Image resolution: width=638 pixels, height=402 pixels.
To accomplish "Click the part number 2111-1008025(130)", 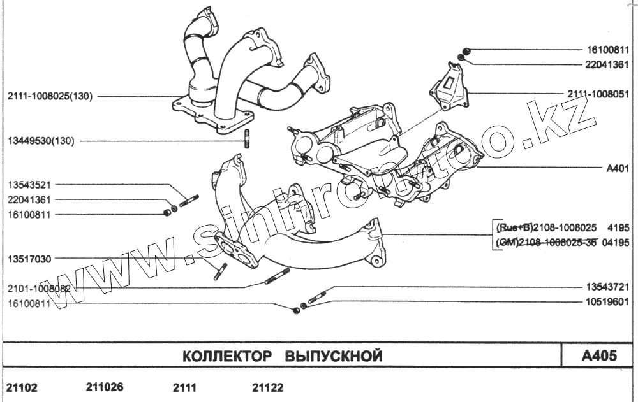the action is click(x=50, y=97).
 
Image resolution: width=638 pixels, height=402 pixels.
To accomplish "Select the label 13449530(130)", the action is click(x=41, y=141).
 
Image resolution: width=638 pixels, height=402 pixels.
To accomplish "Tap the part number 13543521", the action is click(x=29, y=185).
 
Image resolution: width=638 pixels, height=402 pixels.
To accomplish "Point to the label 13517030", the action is click(x=29, y=259).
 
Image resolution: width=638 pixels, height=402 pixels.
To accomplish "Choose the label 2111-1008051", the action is click(x=598, y=94).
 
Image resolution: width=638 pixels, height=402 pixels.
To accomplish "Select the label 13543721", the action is click(x=607, y=288).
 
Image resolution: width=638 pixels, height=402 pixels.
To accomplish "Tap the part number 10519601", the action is click(x=607, y=303).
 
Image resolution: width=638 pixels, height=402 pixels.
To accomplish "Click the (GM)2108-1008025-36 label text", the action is click(x=547, y=242).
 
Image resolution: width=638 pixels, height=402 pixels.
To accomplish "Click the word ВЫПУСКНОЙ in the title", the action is click(x=333, y=355).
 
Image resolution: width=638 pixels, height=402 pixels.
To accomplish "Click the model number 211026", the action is click(x=104, y=387).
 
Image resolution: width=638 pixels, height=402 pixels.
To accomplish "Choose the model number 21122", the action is click(x=268, y=387).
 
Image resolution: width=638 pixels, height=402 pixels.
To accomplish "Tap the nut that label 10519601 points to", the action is click(x=303, y=306).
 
